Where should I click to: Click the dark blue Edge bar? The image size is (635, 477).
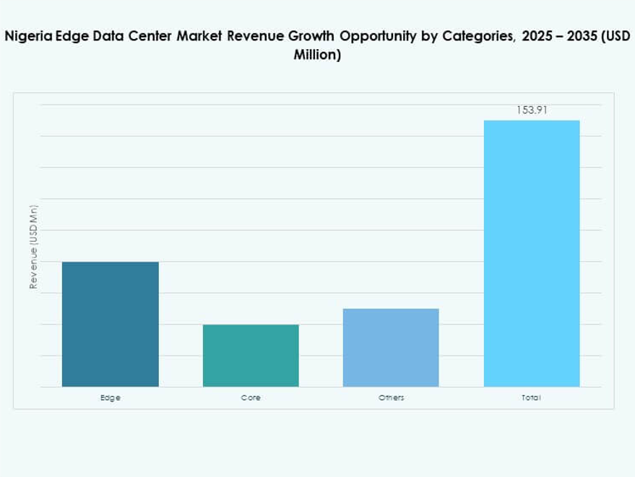(x=111, y=324)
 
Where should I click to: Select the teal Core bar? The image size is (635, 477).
(x=251, y=355)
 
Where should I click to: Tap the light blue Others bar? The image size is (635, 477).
(x=391, y=347)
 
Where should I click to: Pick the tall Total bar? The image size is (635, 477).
(x=532, y=253)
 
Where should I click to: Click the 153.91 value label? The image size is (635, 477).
(x=532, y=110)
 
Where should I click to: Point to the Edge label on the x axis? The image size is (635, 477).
(x=111, y=398)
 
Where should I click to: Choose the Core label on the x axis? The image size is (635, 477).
(x=251, y=398)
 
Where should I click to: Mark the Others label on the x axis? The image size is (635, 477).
(x=391, y=398)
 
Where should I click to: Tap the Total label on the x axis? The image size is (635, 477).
(x=532, y=398)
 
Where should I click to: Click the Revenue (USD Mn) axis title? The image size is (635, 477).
(x=33, y=247)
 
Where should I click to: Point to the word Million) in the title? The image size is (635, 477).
(x=317, y=55)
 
